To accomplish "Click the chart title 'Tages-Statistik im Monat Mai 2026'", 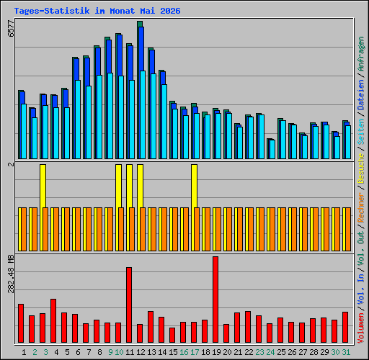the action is click(x=97, y=11).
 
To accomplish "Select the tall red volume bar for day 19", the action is click(x=215, y=300).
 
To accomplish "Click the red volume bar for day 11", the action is click(x=129, y=305).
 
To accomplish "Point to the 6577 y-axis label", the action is click(x=11, y=28).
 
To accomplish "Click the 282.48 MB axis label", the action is click(x=11, y=274).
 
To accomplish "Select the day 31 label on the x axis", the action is click(x=346, y=352).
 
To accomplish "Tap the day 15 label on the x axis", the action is click(x=173, y=352).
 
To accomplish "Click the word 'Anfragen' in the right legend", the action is click(x=361, y=54).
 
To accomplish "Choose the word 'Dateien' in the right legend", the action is click(x=361, y=95).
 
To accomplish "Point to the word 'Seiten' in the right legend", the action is click(x=361, y=131).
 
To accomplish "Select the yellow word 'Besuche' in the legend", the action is click(x=361, y=168).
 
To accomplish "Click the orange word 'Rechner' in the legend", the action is click(x=361, y=207).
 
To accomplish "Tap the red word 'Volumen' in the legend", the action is click(x=361, y=328).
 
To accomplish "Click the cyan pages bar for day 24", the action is click(x=272, y=149).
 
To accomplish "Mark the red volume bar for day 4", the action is click(x=53, y=320).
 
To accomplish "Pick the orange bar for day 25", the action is click(x=283, y=229).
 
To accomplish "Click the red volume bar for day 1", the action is click(x=21, y=323).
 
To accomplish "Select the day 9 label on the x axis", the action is click(x=110, y=352).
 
